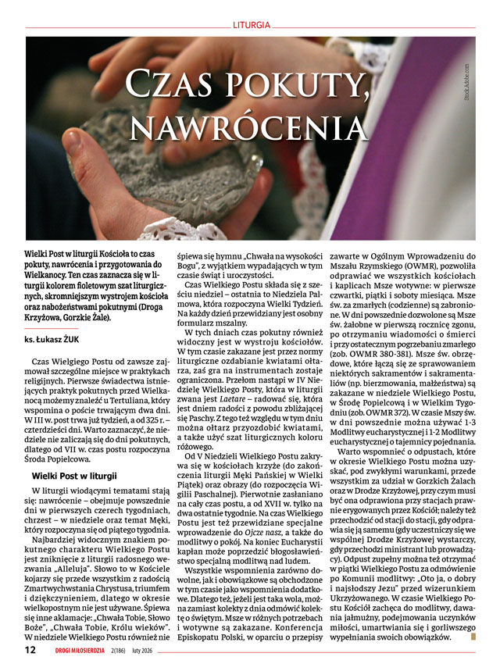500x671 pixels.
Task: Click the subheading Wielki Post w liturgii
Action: tap(74, 476)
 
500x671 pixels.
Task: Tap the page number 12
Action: tap(30, 649)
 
